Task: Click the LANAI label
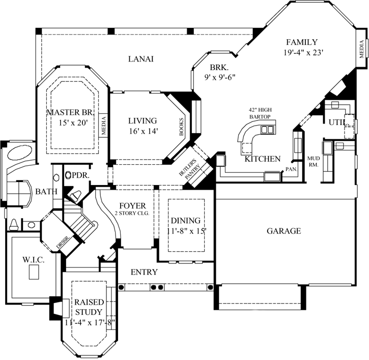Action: pos(140,59)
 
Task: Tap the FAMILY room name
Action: pos(301,42)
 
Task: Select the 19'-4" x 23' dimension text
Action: pos(304,52)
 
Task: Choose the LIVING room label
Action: pos(143,121)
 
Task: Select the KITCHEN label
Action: pos(263,159)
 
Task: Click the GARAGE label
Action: pos(283,231)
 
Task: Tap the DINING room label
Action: pos(185,221)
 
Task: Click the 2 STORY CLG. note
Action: pos(132,213)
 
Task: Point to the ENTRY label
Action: pos(144,272)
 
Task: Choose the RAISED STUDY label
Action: pos(89,307)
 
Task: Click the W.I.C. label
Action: pos(34,260)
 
